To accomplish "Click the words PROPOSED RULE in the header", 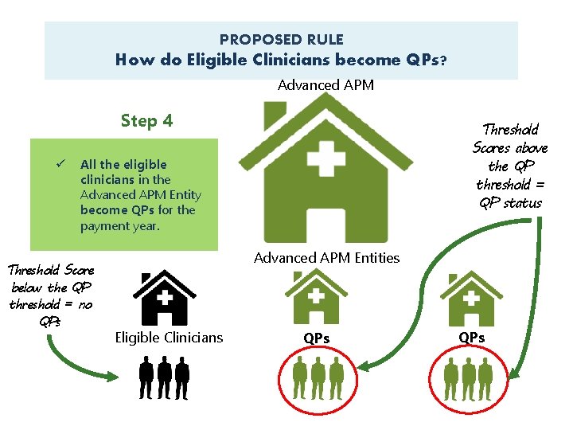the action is pyautogui.click(x=282, y=39).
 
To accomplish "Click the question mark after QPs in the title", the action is pyautogui.click(x=442, y=60).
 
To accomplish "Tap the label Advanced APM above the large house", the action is pyautogui.click(x=325, y=84).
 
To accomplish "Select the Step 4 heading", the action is pyautogui.click(x=146, y=121).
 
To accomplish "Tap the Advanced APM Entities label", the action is pyautogui.click(x=326, y=257).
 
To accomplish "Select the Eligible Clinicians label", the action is pyautogui.click(x=169, y=338).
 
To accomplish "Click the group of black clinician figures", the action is pyautogui.click(x=165, y=377).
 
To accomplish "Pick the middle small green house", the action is pyautogui.click(x=316, y=295).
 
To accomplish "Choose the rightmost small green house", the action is pyautogui.click(x=472, y=295).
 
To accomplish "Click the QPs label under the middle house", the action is pyautogui.click(x=316, y=338).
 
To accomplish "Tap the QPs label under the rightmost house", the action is pyautogui.click(x=472, y=338).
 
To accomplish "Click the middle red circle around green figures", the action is pyautogui.click(x=318, y=377).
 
